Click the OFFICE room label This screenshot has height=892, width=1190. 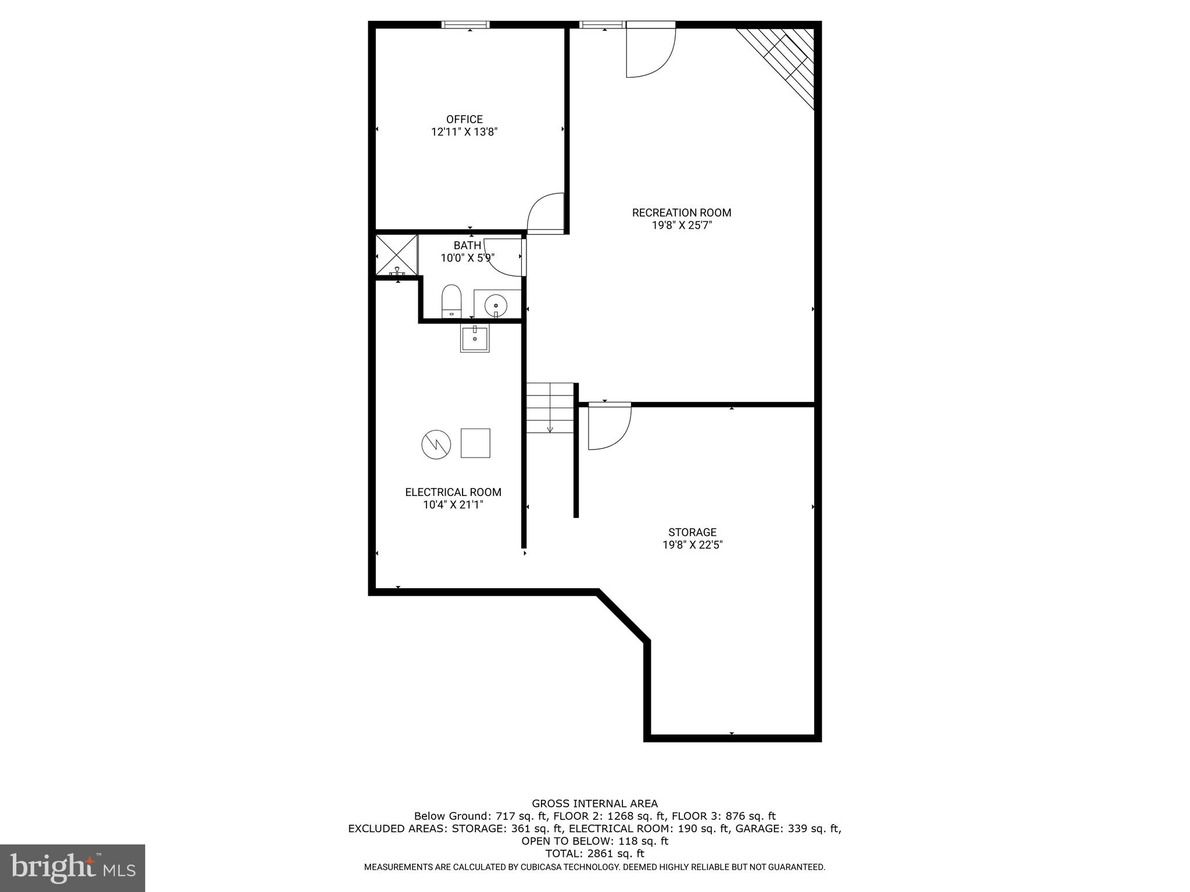click(464, 120)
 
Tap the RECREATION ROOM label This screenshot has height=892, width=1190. click(682, 213)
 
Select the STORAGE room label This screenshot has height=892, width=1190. click(692, 532)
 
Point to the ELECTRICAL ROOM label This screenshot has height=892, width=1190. click(453, 492)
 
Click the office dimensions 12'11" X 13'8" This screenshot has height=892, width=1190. click(464, 132)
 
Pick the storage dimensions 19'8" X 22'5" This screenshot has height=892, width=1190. click(692, 545)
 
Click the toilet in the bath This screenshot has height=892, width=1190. click(451, 301)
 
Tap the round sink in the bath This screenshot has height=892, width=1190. click(496, 304)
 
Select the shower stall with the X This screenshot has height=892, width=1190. click(397, 255)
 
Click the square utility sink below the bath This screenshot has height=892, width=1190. click(475, 338)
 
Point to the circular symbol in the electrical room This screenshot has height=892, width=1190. click(436, 445)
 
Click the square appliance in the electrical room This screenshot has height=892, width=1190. click(475, 443)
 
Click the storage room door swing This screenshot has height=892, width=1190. click(609, 427)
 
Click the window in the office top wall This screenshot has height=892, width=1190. click(465, 24)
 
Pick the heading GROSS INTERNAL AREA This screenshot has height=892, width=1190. click(594, 804)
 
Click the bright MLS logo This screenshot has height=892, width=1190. click(73, 868)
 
